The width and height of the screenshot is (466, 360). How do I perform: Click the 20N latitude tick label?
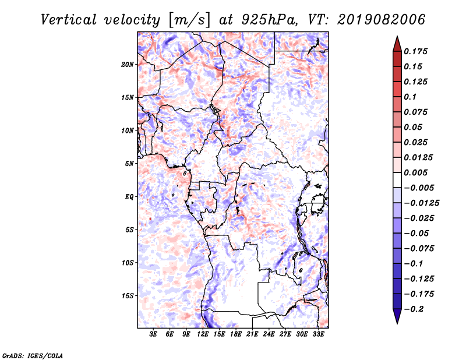click(128, 65)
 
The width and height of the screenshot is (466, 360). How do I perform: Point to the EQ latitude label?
click(129, 197)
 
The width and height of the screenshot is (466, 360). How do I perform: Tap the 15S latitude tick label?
click(128, 296)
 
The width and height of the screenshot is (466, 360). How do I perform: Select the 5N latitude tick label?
click(129, 164)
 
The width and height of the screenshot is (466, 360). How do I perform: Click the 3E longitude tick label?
click(153, 334)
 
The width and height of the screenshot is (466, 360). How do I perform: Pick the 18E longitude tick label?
click(236, 334)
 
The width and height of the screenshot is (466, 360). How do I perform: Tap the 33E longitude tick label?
click(318, 334)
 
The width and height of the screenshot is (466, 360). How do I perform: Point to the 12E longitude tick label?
click(203, 334)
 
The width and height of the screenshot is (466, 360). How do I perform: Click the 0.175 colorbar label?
click(415, 51)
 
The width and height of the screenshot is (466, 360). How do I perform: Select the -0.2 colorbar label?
click(414, 309)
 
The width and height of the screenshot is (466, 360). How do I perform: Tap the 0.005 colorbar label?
click(415, 172)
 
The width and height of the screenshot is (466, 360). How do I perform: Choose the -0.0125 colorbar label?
click(421, 203)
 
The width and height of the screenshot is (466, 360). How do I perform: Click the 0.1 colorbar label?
click(410, 97)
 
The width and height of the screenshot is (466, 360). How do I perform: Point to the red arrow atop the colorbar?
click(397, 44)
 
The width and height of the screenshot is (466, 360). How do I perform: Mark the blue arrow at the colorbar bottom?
click(397, 316)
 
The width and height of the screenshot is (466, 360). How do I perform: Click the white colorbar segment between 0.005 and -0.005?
click(397, 180)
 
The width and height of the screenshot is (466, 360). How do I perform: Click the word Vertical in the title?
click(69, 20)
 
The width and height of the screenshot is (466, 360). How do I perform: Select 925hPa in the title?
click(269, 20)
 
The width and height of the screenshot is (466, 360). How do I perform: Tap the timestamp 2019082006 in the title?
click(382, 20)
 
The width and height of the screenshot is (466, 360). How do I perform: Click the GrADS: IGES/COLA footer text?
click(33, 355)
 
